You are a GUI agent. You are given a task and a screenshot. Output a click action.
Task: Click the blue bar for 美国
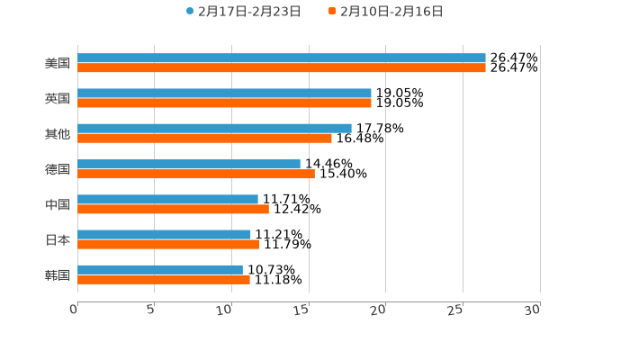282,58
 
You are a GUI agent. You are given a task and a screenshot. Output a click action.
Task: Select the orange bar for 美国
282,68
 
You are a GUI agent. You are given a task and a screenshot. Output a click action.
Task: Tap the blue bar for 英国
224,94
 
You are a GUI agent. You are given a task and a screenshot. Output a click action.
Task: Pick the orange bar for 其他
204,139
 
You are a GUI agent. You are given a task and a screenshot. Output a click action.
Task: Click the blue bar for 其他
214,129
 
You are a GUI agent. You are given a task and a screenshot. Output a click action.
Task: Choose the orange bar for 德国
196,174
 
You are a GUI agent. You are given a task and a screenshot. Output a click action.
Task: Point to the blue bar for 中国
167,199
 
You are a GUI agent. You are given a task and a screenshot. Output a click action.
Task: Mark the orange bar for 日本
168,245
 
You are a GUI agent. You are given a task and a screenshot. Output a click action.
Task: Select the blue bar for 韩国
160,269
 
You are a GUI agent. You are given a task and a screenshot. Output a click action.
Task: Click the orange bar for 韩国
164,280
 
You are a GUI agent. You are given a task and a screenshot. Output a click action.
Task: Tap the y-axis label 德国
58,169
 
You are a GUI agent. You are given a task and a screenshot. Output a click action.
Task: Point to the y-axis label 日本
58,240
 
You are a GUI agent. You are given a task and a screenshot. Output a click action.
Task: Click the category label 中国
58,205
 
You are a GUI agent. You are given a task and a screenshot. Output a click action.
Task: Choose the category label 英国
58,99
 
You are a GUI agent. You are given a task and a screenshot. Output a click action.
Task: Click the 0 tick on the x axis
75,310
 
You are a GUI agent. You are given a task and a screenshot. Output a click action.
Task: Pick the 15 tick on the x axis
303,310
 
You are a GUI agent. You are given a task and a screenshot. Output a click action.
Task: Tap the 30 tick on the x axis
534,310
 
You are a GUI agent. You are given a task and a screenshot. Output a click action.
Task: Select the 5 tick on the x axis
151,310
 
